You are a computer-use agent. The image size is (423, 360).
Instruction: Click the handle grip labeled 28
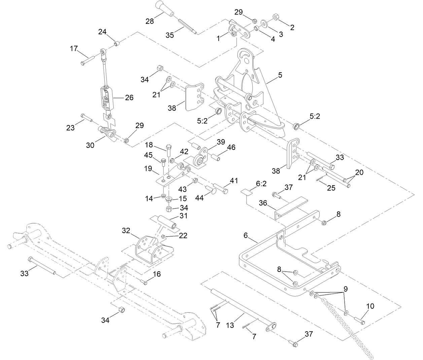(x=164, y=9)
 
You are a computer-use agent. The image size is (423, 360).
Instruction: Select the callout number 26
(x=129, y=97)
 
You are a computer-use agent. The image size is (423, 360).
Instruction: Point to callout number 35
(x=170, y=35)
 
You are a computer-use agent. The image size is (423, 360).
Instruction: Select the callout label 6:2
(x=261, y=184)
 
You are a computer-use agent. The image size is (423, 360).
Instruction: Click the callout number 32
(x=126, y=230)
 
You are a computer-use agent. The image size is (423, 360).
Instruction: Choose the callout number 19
(x=148, y=168)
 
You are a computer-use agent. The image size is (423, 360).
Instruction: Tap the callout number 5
(x=280, y=75)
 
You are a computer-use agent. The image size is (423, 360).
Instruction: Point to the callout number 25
(x=331, y=188)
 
